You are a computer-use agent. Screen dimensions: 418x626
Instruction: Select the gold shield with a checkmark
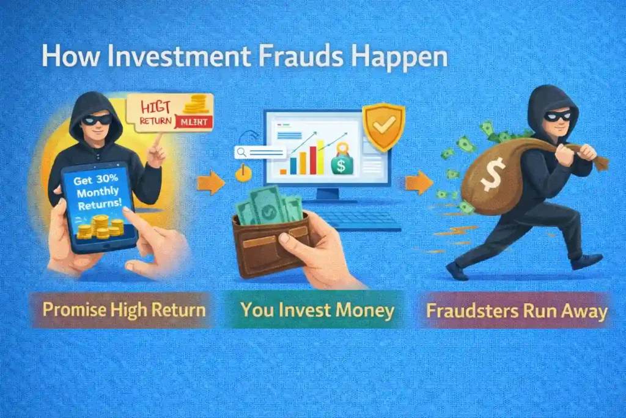click(x=383, y=126)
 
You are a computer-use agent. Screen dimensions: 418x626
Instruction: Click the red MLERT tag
click(x=193, y=122)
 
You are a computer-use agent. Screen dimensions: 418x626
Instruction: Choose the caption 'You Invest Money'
click(x=317, y=310)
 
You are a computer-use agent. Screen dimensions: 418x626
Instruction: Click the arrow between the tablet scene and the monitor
click(x=211, y=183)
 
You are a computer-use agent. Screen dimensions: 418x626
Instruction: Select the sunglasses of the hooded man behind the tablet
click(x=97, y=119)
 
